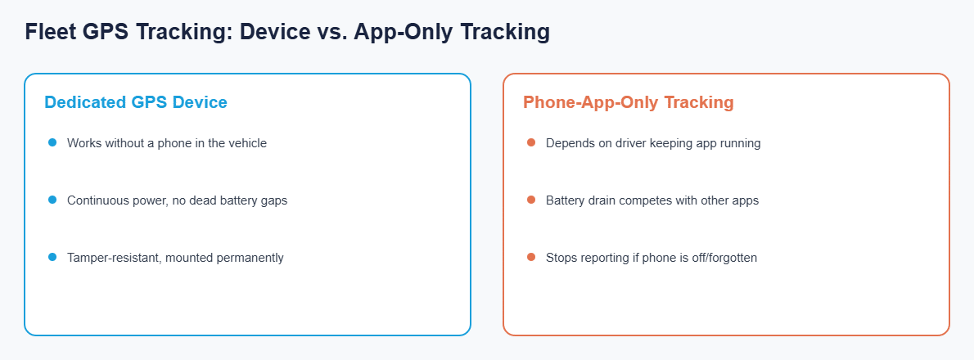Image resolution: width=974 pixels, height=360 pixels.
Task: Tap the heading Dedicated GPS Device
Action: [x=135, y=102]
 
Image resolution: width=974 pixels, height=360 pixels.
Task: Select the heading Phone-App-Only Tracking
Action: [x=628, y=102]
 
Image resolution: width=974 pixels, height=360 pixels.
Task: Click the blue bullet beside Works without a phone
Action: [x=52, y=142]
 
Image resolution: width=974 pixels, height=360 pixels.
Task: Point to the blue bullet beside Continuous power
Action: [x=52, y=200]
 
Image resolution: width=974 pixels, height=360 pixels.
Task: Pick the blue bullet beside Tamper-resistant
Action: [x=52, y=257]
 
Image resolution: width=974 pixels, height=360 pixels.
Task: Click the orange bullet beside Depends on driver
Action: [x=531, y=142]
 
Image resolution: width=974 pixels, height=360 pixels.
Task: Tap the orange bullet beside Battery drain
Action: [x=531, y=200]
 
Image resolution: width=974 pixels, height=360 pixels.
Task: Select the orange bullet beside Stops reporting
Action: [x=531, y=257]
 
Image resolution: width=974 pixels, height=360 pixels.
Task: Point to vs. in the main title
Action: [x=331, y=32]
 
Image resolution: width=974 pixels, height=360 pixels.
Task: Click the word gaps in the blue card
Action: [x=274, y=201]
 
